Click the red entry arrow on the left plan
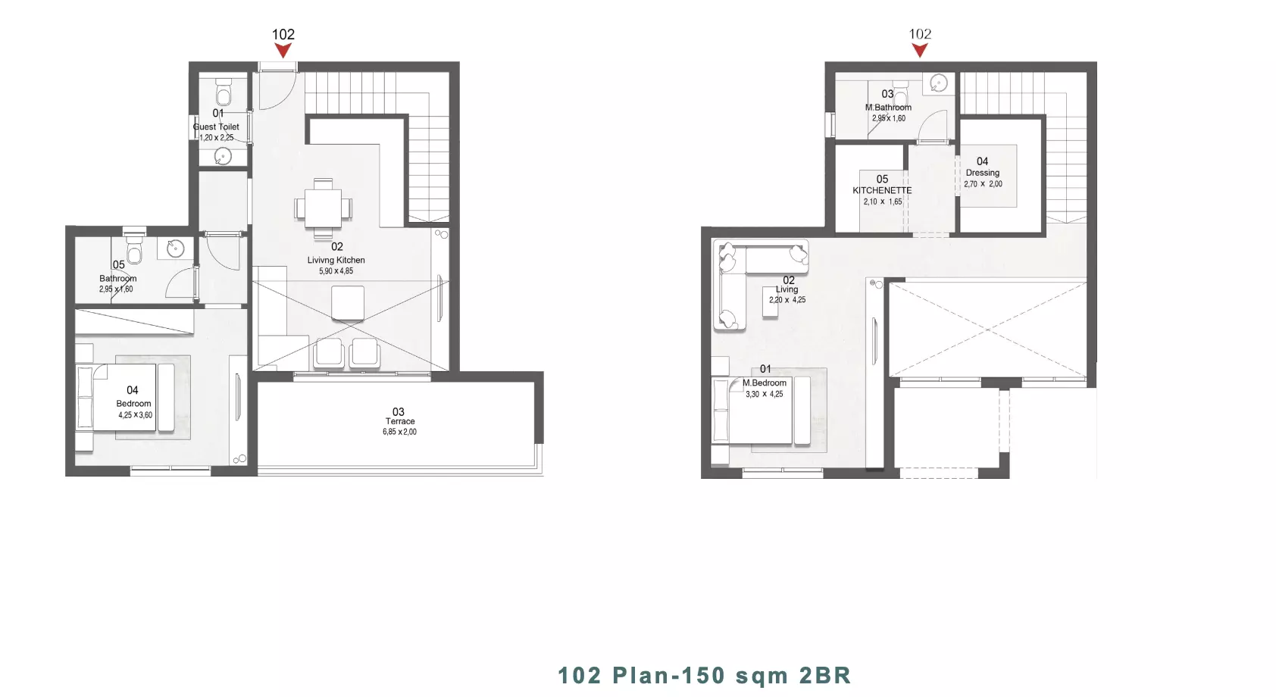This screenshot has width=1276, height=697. coord(283,51)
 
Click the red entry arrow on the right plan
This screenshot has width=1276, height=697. coord(920,51)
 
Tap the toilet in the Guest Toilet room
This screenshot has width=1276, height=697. coord(224,91)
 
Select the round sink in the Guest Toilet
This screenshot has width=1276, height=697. coord(223,156)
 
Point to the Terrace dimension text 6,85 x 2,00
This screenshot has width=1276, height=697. coord(399,432)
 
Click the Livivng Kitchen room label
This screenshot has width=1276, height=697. coord(336,260)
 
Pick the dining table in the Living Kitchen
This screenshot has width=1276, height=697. coord(323,208)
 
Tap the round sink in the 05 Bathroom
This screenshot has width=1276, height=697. coord(175,248)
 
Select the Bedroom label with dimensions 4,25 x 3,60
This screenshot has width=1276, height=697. coord(134,403)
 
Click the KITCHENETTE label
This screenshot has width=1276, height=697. coord(882,190)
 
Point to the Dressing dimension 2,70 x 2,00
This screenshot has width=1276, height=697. coord(983,184)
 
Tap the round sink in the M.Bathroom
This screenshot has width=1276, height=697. coord(939,83)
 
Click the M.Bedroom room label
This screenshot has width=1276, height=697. coord(765,383)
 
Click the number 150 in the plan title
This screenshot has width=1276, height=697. coord(700,675)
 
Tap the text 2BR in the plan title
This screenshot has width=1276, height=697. coord(825,675)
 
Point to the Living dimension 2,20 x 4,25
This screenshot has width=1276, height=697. coord(787,300)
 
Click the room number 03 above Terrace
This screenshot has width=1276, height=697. coord(398,411)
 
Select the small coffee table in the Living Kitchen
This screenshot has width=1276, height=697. coord(348,303)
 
